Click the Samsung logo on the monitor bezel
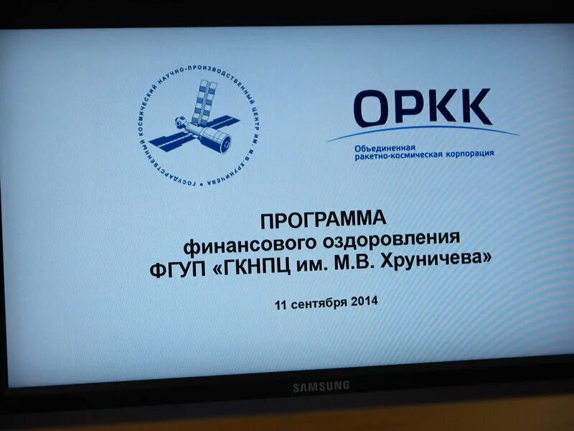(x=321, y=386)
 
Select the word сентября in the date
(x=320, y=302)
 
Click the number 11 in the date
(x=281, y=305)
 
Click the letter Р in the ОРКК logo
(x=412, y=108)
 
